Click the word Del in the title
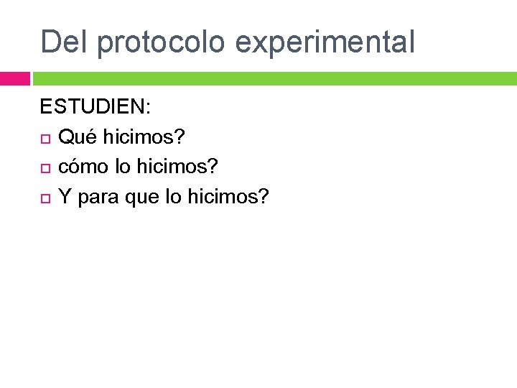[65, 42]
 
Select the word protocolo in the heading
[162, 42]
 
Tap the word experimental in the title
[325, 42]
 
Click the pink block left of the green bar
[14, 78]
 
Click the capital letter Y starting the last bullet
[64, 196]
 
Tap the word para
[98, 196]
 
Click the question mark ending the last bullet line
[262, 196]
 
